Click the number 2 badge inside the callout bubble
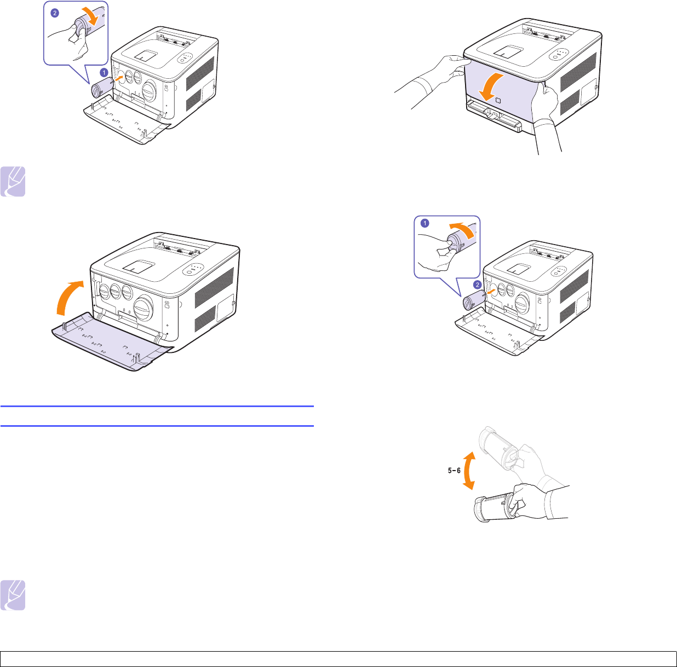pyautogui.click(x=55, y=14)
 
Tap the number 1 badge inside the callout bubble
pyautogui.click(x=424, y=223)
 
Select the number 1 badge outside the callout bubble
pyautogui.click(x=104, y=73)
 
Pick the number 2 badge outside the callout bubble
pyautogui.click(x=477, y=285)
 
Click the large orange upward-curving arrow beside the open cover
pyautogui.click(x=67, y=297)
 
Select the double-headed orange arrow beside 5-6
pyautogui.click(x=469, y=471)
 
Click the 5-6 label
pyautogui.click(x=454, y=471)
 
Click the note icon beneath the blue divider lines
pyautogui.click(x=13, y=595)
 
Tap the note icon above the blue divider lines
pyautogui.click(x=13, y=182)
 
